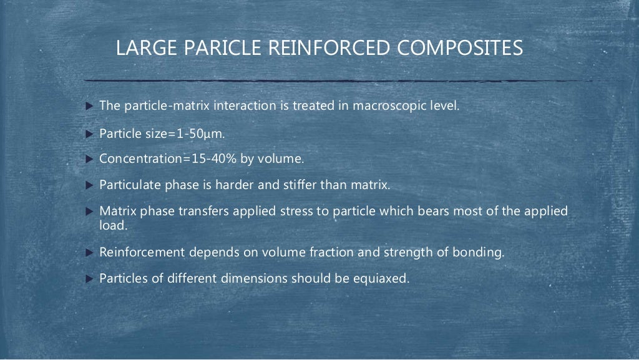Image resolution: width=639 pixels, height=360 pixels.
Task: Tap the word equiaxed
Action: point(383,279)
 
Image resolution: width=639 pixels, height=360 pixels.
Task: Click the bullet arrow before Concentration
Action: point(89,159)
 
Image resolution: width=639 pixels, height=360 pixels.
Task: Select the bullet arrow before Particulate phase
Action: point(89,185)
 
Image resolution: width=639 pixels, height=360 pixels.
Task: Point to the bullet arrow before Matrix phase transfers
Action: point(89,212)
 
